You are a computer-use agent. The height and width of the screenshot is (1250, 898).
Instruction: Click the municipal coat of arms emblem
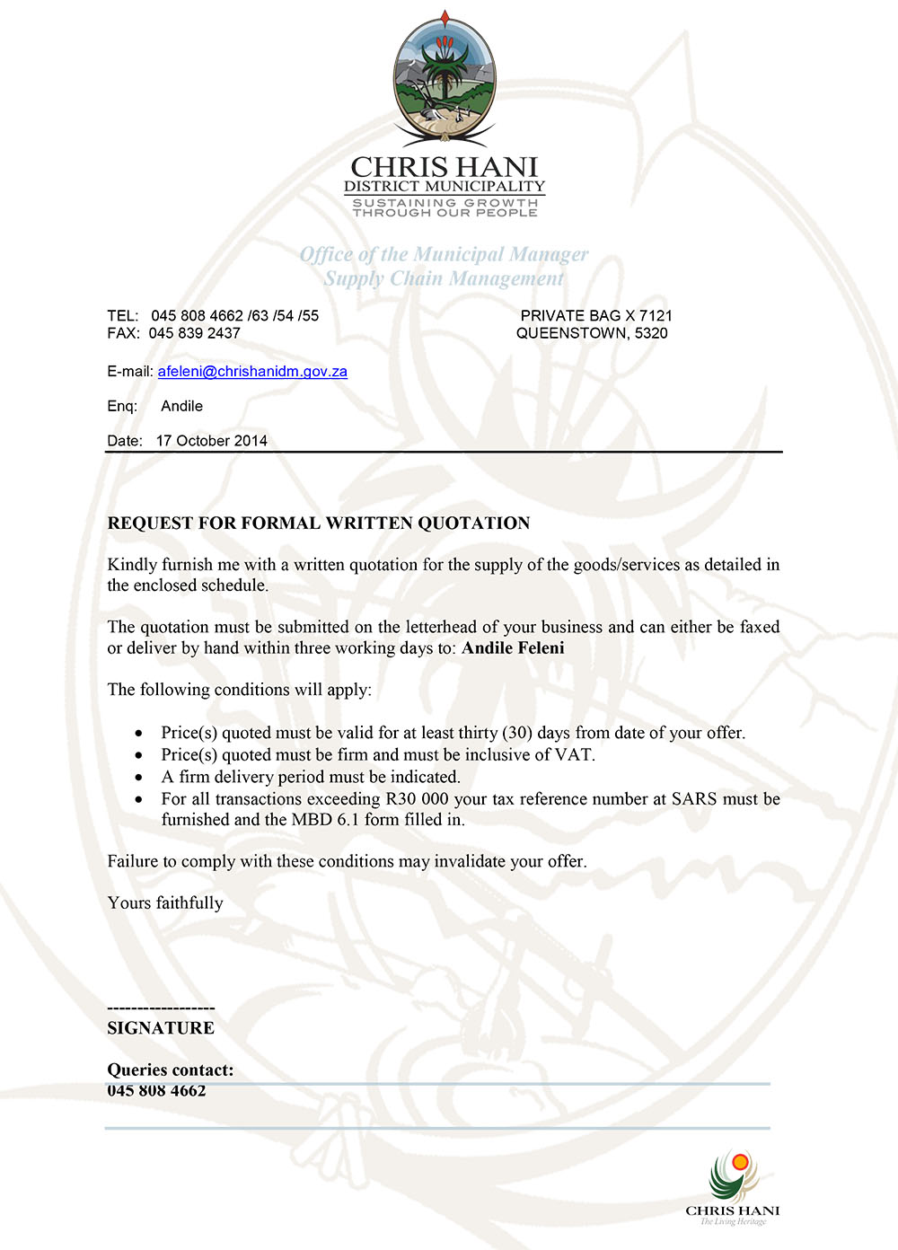[445, 81]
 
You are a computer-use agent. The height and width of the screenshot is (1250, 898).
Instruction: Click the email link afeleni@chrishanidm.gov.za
[252, 372]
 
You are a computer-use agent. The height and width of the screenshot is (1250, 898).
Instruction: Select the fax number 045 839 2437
[195, 333]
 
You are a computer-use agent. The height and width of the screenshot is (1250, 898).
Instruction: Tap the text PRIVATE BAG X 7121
[596, 316]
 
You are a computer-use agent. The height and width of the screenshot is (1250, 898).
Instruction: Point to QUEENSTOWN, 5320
[592, 333]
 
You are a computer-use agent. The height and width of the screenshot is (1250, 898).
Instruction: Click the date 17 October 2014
[212, 441]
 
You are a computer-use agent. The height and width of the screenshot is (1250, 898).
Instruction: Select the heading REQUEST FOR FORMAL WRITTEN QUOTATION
[319, 524]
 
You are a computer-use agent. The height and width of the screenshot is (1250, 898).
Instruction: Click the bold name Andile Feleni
[513, 648]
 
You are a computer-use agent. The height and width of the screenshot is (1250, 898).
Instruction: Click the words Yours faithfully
[165, 903]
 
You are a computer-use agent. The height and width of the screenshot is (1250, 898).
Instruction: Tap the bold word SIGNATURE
[161, 1028]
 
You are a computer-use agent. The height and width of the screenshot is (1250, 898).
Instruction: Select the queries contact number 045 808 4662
[156, 1091]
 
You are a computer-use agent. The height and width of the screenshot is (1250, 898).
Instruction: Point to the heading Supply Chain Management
[444, 279]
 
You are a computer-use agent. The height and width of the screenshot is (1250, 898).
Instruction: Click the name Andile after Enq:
[181, 407]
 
